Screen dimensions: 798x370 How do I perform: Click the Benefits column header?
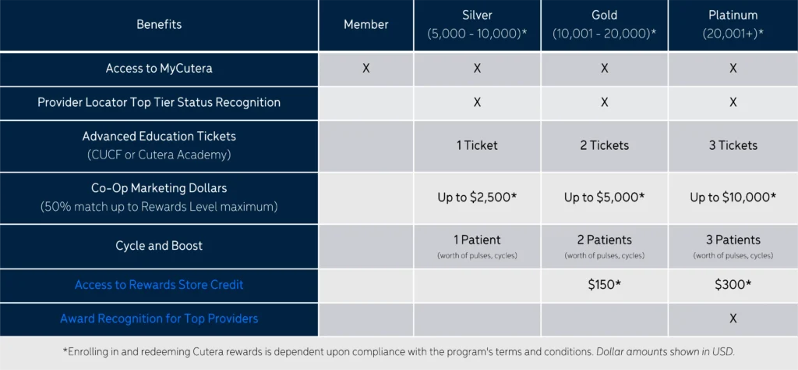[159, 24]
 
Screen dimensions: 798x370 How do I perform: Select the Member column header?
[366, 24]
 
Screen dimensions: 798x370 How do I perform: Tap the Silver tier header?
[477, 24]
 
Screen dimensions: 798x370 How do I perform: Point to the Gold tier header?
[604, 24]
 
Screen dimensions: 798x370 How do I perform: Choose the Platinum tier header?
[733, 24]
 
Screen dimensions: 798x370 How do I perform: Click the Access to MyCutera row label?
[159, 69]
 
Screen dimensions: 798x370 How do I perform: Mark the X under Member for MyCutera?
[366, 69]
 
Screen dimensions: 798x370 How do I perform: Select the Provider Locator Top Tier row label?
[159, 102]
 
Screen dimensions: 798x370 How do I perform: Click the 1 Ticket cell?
[477, 146]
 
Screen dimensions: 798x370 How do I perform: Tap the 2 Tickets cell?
[604, 146]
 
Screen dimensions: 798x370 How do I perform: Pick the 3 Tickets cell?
[733, 146]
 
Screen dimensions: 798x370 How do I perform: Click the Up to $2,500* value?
[477, 197]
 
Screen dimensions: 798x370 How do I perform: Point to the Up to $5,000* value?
[604, 197]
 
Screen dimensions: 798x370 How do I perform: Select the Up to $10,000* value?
[733, 197]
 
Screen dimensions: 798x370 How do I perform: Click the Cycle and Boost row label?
[159, 246]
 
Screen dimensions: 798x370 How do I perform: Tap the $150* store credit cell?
[604, 285]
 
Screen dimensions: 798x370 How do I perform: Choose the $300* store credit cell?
[733, 285]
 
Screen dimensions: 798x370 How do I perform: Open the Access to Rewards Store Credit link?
[159, 285]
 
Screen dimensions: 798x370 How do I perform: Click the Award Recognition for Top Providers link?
[159, 319]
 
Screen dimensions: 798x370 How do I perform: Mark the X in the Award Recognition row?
[733, 319]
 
